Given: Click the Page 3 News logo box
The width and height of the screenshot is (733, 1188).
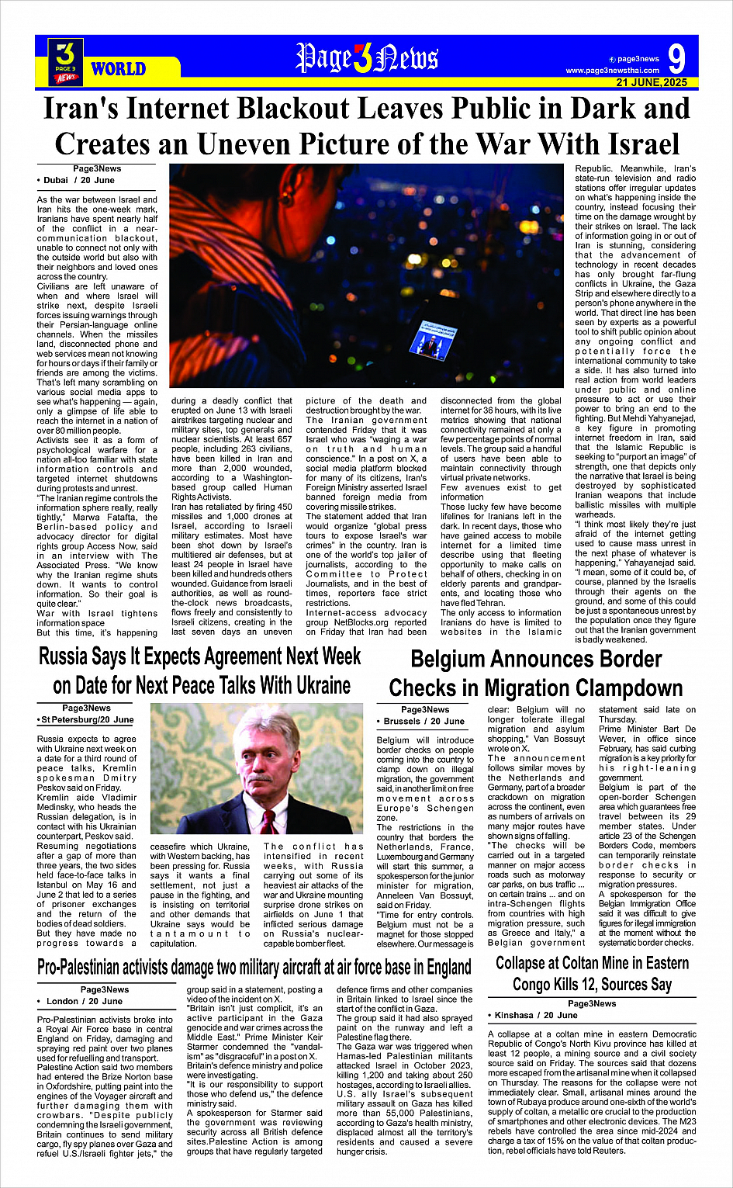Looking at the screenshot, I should tap(66, 61).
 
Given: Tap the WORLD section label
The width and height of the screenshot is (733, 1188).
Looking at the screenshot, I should tap(118, 69).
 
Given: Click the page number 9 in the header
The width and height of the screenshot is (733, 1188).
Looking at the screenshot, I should tap(676, 58).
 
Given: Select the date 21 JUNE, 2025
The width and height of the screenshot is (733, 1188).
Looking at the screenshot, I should tap(652, 82).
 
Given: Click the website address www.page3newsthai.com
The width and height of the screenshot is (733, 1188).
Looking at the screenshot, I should tap(612, 71).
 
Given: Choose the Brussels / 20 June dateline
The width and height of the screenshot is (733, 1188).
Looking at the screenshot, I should tap(424, 721).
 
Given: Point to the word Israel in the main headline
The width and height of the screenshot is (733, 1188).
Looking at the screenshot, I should tap(631, 144).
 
